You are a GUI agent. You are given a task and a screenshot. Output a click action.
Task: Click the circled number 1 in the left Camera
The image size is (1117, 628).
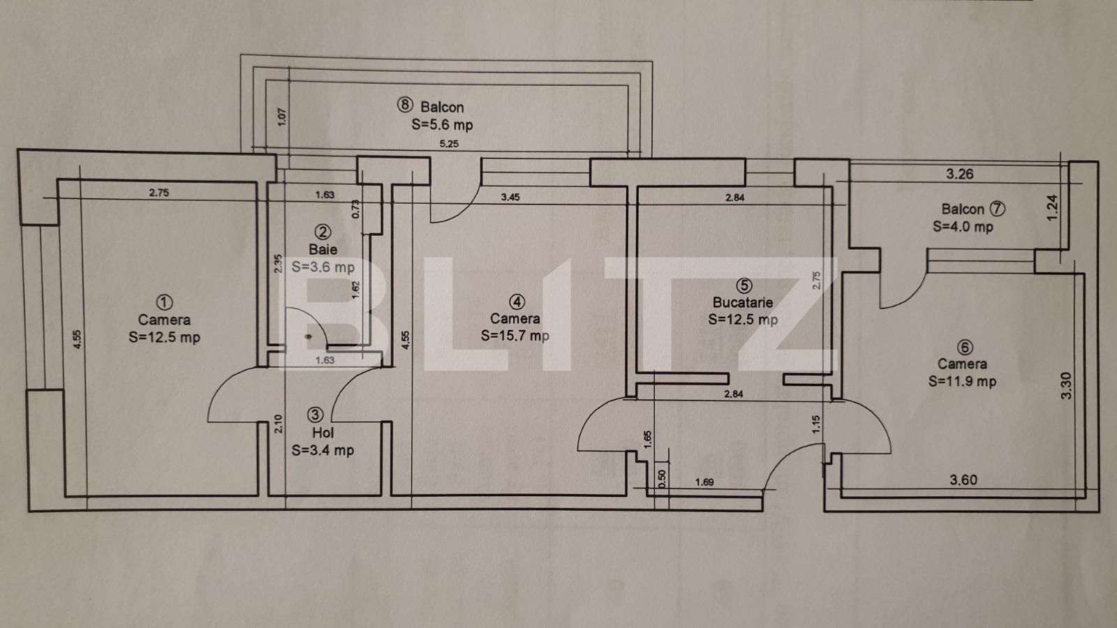[x=164, y=302]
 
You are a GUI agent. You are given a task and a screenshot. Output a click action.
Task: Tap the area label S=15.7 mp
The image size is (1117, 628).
[x=515, y=336]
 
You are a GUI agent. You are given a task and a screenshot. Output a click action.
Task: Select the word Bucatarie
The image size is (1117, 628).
[x=743, y=302]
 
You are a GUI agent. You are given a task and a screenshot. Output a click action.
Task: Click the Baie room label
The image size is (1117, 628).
[x=323, y=249]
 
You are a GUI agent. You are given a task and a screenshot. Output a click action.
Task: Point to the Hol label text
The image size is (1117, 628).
[x=323, y=433]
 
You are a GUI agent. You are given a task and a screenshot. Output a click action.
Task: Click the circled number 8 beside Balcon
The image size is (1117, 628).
[x=406, y=106]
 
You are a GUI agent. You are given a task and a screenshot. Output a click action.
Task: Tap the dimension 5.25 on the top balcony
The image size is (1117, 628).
[x=448, y=144]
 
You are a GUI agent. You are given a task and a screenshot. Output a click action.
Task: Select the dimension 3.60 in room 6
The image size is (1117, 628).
[x=963, y=480]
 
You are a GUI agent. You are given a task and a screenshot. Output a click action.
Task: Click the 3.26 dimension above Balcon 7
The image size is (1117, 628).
[x=959, y=174]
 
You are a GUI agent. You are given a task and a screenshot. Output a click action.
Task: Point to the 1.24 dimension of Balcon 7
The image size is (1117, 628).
[x=1053, y=208]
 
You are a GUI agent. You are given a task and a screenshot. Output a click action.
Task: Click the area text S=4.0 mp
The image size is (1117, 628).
[x=963, y=227]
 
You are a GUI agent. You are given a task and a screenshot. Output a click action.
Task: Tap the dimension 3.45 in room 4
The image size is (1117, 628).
[x=510, y=197]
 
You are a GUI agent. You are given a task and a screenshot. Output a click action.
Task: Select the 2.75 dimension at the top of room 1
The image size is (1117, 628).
[x=158, y=193]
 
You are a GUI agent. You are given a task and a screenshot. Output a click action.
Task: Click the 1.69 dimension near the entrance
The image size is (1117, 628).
[x=704, y=481]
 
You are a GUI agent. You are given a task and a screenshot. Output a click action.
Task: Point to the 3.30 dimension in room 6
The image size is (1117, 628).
[x=1066, y=386]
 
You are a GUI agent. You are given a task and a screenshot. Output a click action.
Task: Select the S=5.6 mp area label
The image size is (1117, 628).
[x=442, y=125]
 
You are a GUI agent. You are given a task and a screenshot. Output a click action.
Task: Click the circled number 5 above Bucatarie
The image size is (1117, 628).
[x=744, y=285]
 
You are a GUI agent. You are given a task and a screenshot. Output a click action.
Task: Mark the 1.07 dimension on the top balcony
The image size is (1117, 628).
[x=282, y=117]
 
